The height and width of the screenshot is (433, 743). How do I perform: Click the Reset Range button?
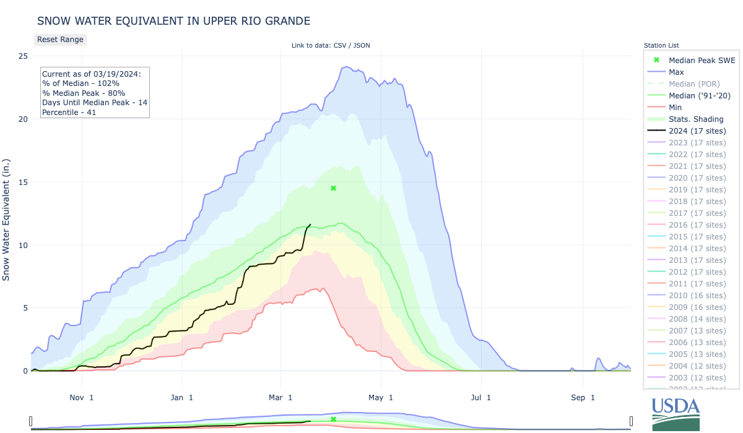60,40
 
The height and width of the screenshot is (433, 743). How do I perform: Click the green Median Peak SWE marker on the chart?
333,188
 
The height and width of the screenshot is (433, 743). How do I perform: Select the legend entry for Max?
676,72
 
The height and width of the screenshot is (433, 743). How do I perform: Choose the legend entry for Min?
676,107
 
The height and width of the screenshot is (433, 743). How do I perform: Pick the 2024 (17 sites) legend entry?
697,131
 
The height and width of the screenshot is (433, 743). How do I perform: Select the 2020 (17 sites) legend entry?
697,178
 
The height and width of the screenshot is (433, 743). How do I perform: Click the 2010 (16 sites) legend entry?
697,295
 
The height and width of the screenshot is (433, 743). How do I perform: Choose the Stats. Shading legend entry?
696,119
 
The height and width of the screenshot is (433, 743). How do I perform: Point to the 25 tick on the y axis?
22,56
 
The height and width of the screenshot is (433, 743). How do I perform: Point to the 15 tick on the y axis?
22,182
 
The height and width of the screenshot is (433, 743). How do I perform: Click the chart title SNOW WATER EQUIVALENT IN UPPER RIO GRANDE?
173,20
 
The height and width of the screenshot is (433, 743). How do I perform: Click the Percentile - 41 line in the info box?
68,112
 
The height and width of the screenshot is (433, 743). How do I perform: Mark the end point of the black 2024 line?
310,225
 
